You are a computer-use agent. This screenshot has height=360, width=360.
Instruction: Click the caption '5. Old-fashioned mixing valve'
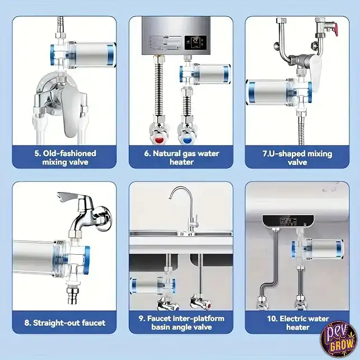[65, 157]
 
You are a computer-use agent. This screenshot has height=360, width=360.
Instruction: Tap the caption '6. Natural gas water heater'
[181, 157]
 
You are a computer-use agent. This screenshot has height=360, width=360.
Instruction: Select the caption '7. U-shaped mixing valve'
[297, 158]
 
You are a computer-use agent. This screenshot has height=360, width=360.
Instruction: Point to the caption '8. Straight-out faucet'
[65, 323]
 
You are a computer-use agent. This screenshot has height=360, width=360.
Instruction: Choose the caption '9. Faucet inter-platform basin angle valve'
[181, 322]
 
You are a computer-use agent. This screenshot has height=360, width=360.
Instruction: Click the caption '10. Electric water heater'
[298, 323]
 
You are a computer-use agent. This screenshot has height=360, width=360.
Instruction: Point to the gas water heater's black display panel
[195, 43]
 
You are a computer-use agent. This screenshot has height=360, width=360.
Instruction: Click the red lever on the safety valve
[335, 29]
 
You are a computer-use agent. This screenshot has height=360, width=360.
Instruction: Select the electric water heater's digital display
[288, 221]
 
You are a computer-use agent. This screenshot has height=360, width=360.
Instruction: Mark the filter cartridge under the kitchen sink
[153, 286]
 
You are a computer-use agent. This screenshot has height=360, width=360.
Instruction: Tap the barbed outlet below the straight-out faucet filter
[72, 295]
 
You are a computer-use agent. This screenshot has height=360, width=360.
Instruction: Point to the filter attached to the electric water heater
[318, 249]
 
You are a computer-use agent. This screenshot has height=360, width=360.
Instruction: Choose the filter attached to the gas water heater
[205, 74]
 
